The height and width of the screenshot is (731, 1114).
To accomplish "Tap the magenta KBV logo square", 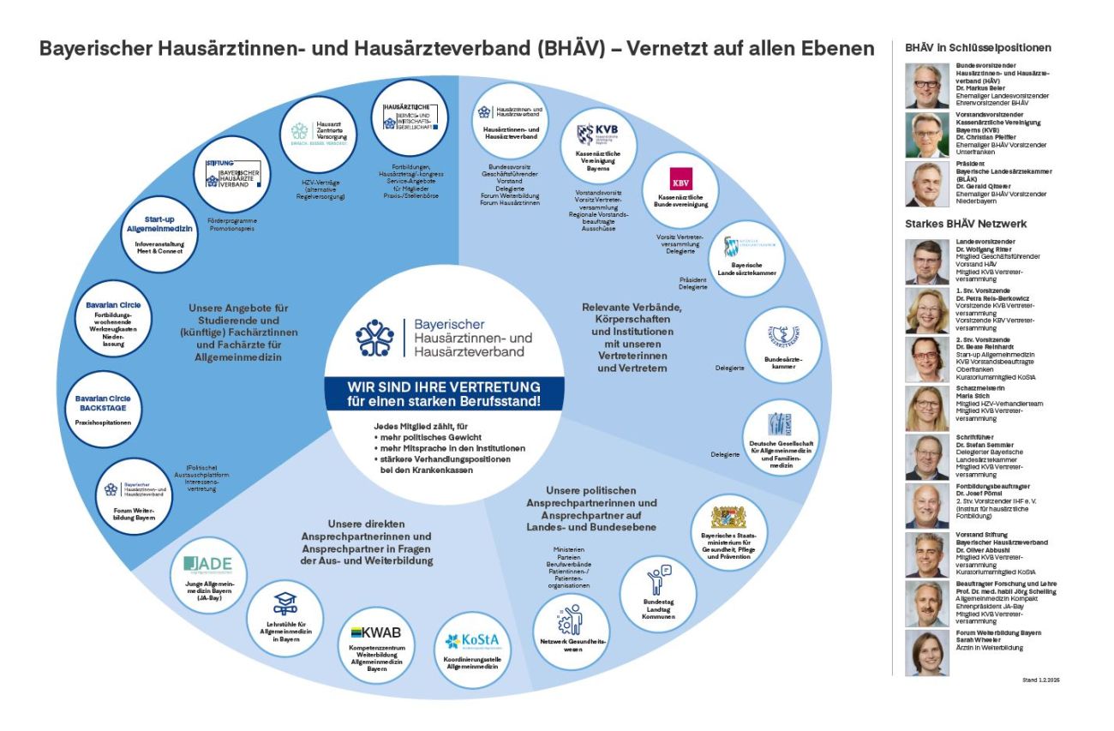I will click(x=682, y=181).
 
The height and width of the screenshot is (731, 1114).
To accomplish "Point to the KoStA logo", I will click(x=465, y=641).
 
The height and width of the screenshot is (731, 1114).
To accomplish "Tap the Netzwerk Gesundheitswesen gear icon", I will click(x=569, y=618).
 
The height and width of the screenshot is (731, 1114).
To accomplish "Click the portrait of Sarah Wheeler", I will click(x=925, y=653).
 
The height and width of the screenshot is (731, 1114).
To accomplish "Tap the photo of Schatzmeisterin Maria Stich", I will click(x=925, y=408).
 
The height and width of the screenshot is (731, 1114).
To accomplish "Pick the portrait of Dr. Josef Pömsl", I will click(x=925, y=506).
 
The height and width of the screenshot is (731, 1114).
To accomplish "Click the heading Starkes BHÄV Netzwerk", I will click(x=966, y=224).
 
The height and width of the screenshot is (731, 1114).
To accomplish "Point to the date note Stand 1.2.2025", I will click(x=1040, y=680).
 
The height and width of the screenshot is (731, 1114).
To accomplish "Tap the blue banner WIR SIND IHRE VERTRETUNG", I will click(x=443, y=392).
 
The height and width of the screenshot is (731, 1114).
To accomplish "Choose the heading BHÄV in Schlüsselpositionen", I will click(x=978, y=48).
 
